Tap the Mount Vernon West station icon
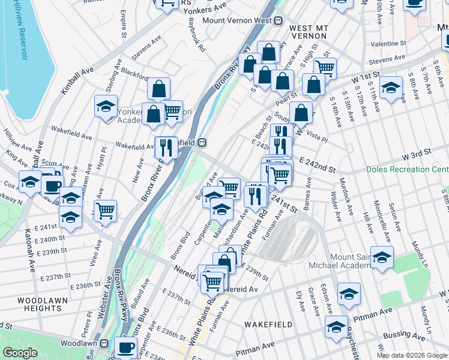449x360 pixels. (x=279, y=20)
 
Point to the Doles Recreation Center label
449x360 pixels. (x=407, y=170)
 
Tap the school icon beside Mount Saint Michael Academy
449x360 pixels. (x=382, y=257)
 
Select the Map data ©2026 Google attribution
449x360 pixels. (x=412, y=355)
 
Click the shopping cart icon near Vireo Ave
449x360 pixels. (x=106, y=211)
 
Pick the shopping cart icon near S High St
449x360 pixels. (x=325, y=68)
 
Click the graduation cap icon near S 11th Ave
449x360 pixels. (x=391, y=88)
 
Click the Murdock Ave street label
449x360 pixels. (x=348, y=195)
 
